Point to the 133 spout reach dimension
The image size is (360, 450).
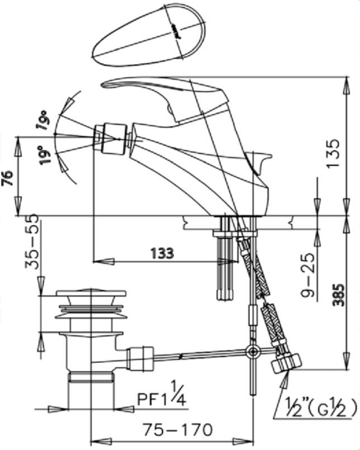click(x=162, y=253)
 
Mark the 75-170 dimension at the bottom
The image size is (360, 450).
click(x=177, y=429)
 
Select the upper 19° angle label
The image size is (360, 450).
click(x=44, y=120)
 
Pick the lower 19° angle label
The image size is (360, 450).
click(x=46, y=153)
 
